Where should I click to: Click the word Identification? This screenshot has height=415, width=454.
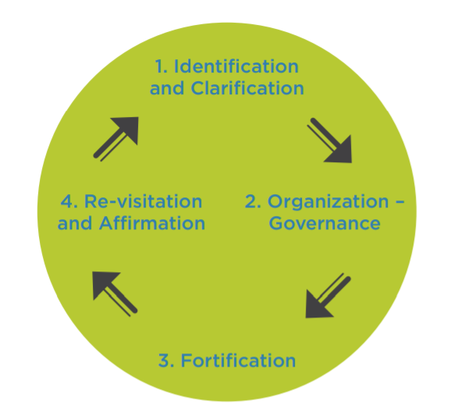point(236,66)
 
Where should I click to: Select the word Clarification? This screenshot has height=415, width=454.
point(247,88)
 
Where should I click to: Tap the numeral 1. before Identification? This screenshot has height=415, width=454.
point(161,66)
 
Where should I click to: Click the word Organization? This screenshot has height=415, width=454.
point(328,201)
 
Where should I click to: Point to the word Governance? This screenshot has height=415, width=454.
point(325,223)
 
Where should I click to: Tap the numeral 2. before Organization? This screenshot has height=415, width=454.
point(253,201)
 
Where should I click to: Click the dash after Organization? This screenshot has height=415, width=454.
point(399,202)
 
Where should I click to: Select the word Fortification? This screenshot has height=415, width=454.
point(238,361)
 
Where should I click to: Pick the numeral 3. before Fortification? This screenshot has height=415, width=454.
point(166,361)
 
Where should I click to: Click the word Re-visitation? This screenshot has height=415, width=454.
point(143,201)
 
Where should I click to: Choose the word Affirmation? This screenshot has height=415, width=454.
point(152,223)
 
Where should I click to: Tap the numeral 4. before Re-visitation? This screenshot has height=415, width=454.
point(69,201)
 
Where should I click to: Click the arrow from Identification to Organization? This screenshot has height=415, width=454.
point(330,140)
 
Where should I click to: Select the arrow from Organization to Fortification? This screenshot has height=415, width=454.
point(328,295)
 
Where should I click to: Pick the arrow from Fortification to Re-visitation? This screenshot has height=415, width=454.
point(115,293)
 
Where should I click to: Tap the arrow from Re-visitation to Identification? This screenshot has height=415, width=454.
point(115,139)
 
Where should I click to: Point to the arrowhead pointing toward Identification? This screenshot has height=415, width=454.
point(127,128)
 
